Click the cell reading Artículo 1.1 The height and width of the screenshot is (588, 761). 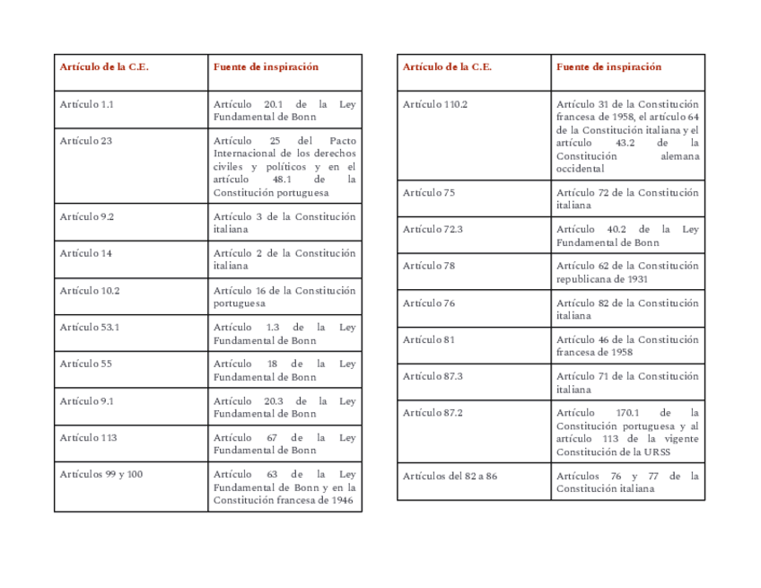point(87,104)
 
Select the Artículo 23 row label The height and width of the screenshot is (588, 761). point(86,141)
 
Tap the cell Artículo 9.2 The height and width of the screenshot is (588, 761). point(87,216)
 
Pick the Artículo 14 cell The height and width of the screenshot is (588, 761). point(86,253)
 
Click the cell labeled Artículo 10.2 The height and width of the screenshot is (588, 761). point(90,291)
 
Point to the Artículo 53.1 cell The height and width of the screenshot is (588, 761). point(90,328)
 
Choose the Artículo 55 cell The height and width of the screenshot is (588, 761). point(86,364)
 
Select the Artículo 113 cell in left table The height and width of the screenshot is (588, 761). point(89,438)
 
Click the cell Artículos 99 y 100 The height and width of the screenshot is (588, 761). point(101,475)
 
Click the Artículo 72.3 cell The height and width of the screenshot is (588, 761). point(433,229)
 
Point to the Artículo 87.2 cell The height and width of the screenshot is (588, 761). point(433,413)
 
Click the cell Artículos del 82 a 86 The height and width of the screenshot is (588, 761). point(450,476)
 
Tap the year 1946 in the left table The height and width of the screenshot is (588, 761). point(339,500)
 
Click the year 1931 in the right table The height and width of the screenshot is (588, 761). point(637,278)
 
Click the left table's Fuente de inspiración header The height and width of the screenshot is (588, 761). point(266,66)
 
